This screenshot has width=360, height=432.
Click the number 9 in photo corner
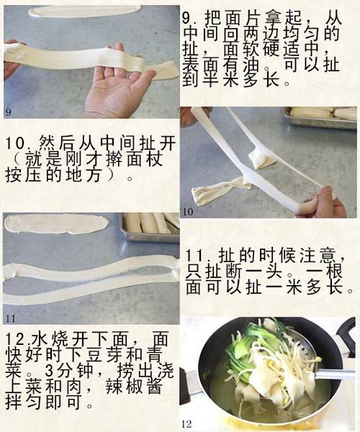tap(8, 112)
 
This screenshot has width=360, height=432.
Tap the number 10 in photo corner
tap(188, 212)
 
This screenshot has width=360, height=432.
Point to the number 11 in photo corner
tap(11, 319)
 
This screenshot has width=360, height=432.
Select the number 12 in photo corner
tap(186, 424)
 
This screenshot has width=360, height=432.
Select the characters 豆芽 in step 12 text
tap(107, 355)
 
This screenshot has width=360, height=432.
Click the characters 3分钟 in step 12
tap(69, 371)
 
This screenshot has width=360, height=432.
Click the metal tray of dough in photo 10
tap(320, 118)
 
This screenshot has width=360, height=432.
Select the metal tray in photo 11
tap(150, 228)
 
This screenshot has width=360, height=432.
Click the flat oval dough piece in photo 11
tap(56, 224)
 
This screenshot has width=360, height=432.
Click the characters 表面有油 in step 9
tap(221, 65)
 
